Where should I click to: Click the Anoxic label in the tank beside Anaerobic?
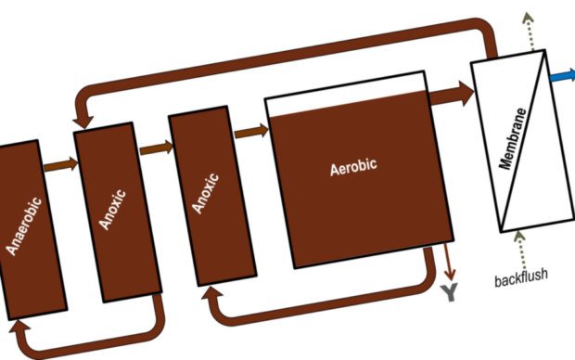coord(110,209)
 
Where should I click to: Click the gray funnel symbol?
coord(448,294)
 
